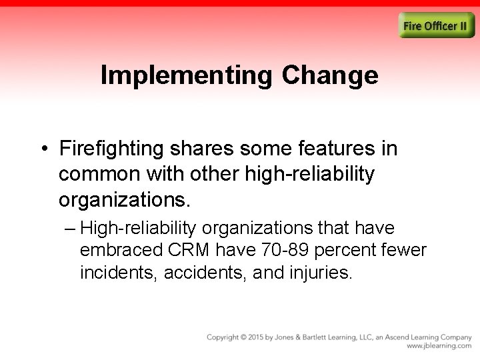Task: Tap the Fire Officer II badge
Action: tap(436, 25)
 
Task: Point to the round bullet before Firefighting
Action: tap(44, 149)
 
